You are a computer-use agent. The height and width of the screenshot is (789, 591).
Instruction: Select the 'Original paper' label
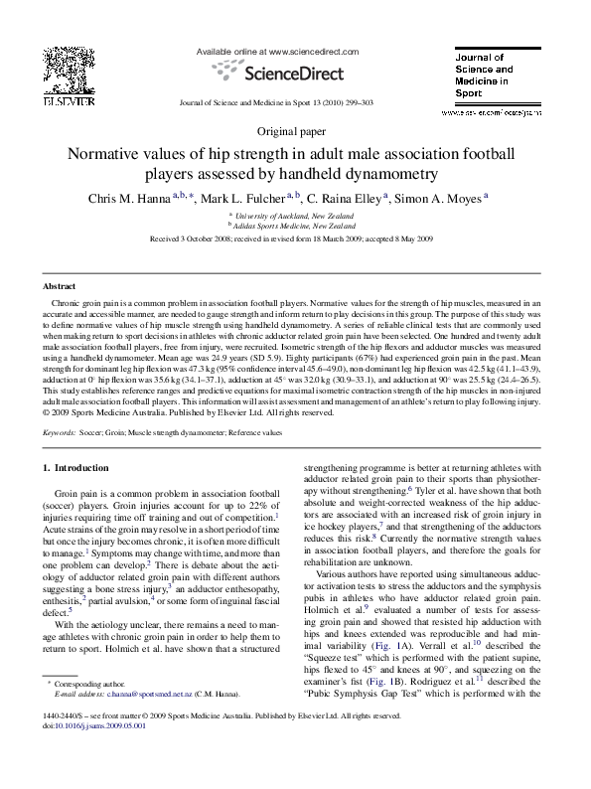click(295, 130)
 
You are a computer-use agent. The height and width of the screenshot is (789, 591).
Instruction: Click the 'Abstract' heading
click(61, 284)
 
